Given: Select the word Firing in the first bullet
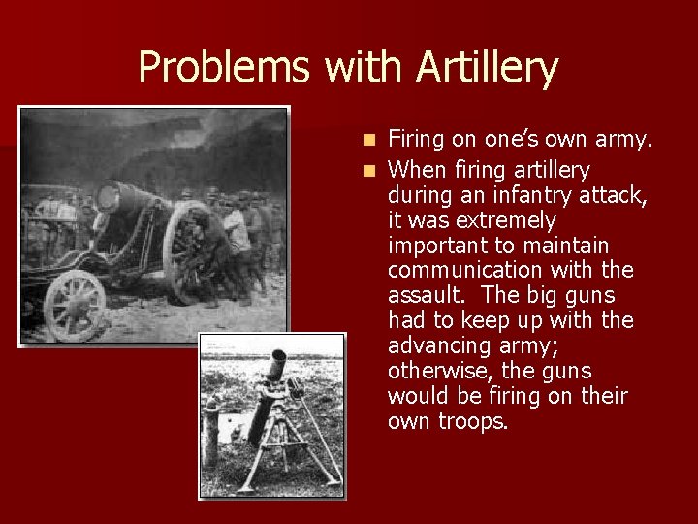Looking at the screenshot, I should [416, 141].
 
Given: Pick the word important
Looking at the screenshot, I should [432, 246].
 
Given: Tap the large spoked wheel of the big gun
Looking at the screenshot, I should [191, 254].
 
